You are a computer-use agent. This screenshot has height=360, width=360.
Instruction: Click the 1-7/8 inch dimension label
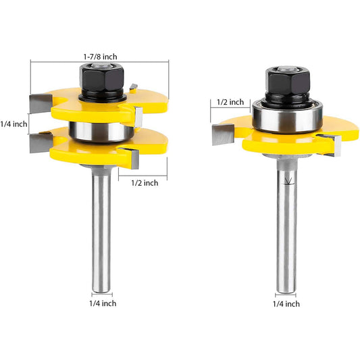click(x=100, y=57)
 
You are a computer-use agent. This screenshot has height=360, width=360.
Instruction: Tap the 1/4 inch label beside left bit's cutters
click(x=14, y=124)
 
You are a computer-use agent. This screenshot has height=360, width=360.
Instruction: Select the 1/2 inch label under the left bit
click(x=145, y=183)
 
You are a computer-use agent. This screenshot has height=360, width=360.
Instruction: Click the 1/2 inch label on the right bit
click(x=230, y=102)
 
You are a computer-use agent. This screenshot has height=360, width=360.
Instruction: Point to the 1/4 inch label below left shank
click(x=103, y=303)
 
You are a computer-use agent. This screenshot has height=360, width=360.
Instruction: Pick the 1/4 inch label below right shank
click(x=286, y=304)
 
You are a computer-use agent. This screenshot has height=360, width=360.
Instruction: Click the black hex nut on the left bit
click(x=102, y=78)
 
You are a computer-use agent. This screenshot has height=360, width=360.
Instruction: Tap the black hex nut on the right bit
click(x=288, y=81)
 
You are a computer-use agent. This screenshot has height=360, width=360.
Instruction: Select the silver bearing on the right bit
click(x=288, y=117)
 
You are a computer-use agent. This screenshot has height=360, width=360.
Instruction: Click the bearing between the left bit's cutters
click(x=101, y=131)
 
